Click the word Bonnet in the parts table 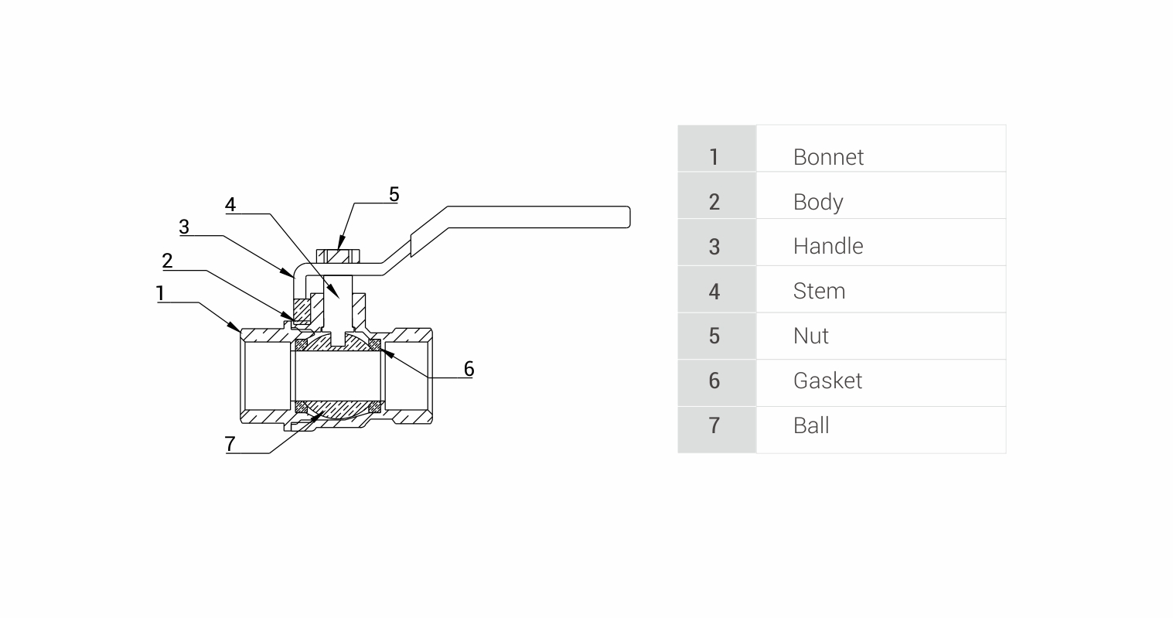828,157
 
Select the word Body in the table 818,202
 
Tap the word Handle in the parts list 828,246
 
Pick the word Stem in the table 819,291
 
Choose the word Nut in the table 810,336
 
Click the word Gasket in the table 827,381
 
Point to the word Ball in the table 811,425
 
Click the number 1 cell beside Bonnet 714,157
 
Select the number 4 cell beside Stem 714,291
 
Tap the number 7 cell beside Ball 714,425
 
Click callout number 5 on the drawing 394,194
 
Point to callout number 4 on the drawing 230,205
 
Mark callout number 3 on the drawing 184,227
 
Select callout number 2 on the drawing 167,261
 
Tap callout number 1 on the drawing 160,293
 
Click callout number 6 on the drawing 469,368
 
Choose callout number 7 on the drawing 230,444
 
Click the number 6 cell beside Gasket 714,381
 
